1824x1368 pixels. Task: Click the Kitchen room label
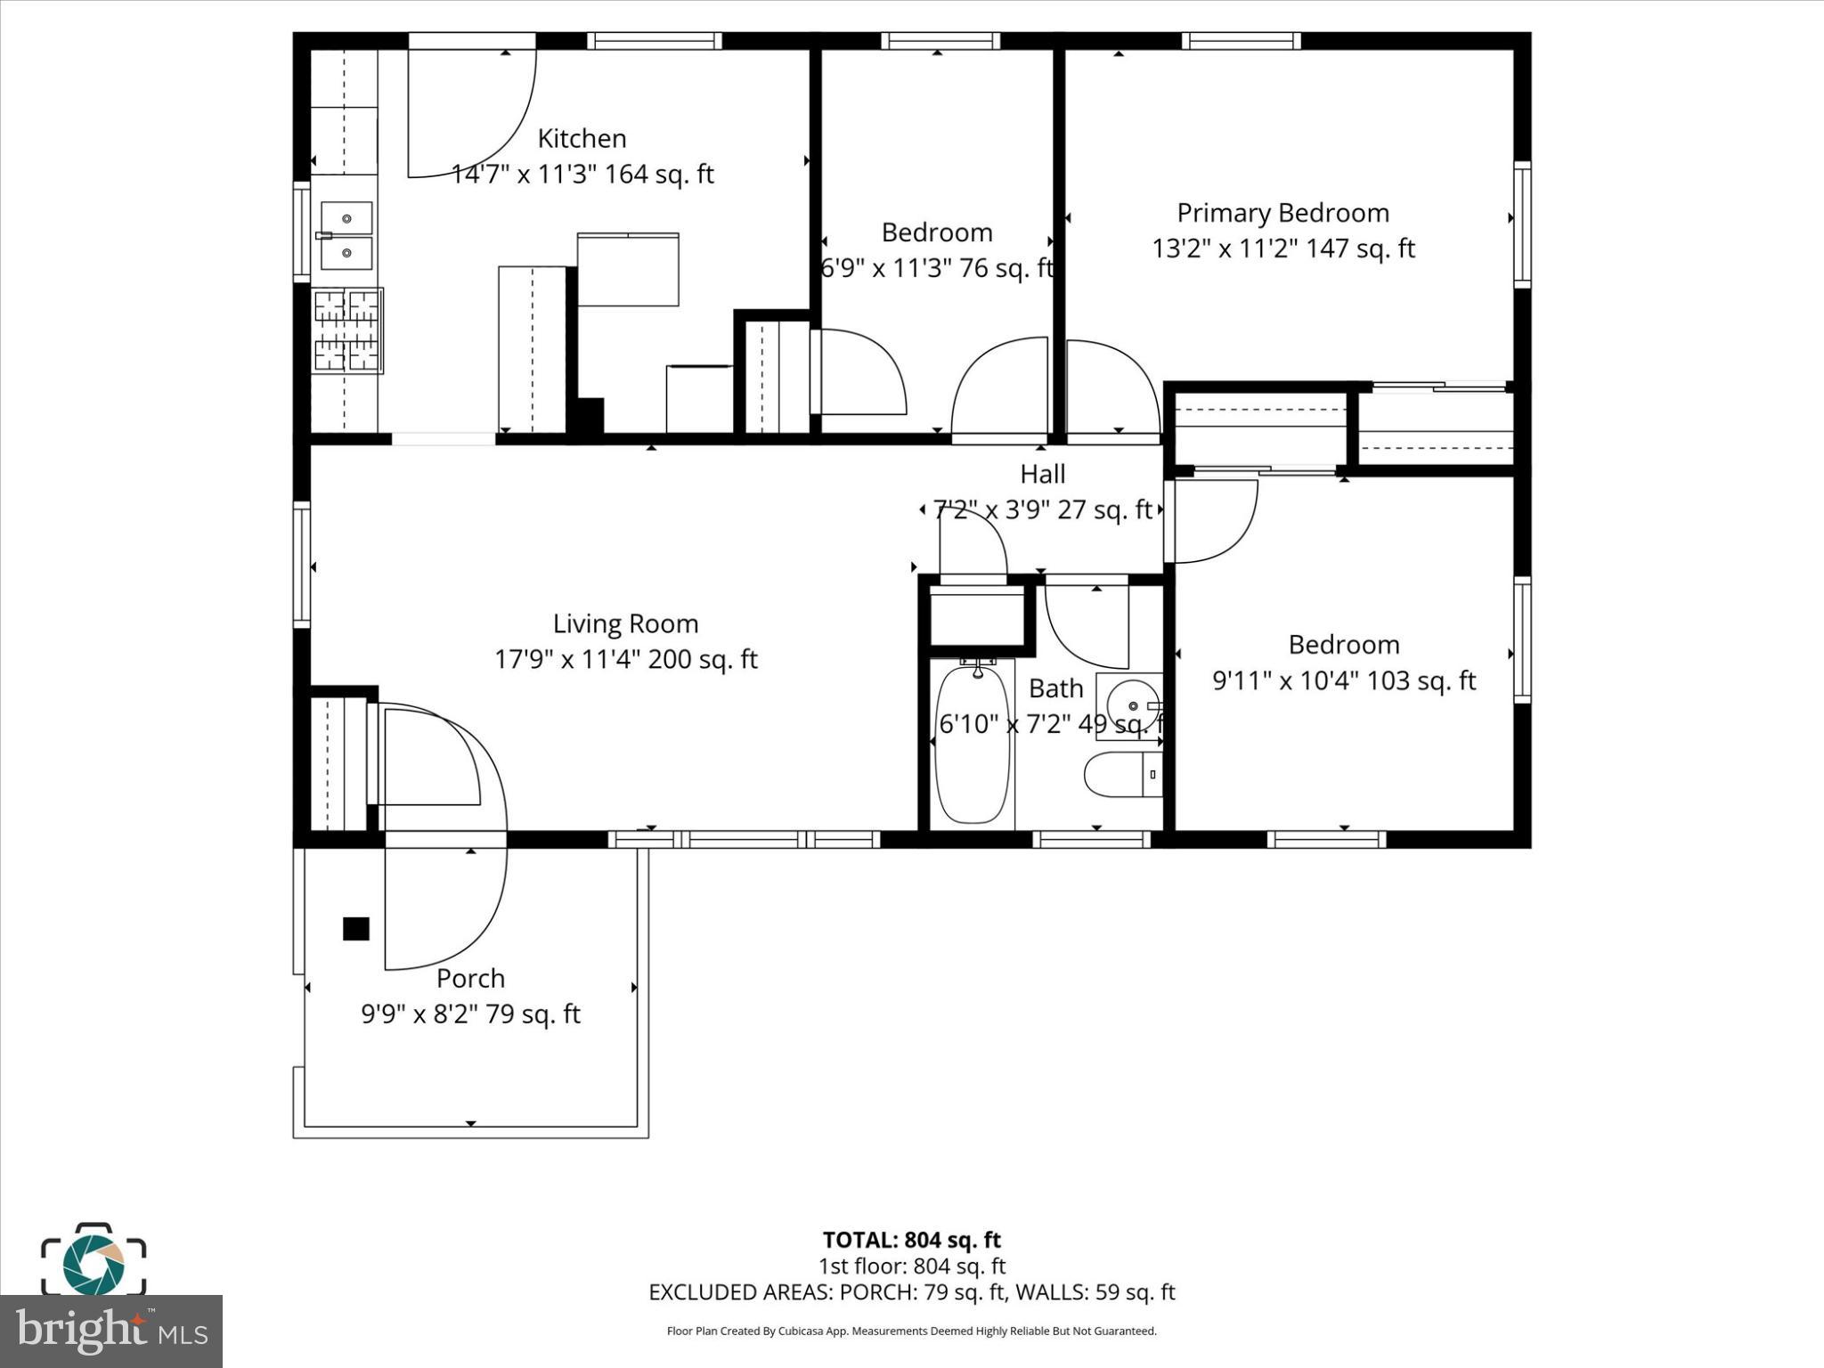click(x=582, y=139)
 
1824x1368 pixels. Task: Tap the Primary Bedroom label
click(x=1282, y=213)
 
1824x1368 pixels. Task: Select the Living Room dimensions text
click(x=625, y=660)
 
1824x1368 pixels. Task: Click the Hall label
click(x=1042, y=474)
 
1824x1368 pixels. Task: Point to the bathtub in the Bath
click(x=973, y=745)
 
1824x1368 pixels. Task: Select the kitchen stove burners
click(x=347, y=330)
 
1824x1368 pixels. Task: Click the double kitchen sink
click(x=346, y=235)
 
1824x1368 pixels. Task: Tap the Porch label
click(x=470, y=979)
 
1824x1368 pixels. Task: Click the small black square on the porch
click(x=356, y=929)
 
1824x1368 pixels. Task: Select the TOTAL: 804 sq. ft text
click(x=911, y=1240)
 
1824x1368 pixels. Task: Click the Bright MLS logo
click(x=111, y=1331)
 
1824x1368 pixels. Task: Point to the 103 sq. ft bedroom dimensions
click(x=1343, y=681)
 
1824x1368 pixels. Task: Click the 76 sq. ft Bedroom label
click(x=937, y=232)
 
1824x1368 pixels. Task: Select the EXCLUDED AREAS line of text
click(x=911, y=1292)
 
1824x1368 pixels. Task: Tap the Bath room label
click(x=1055, y=688)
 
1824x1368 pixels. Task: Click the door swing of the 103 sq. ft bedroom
click(x=1213, y=521)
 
